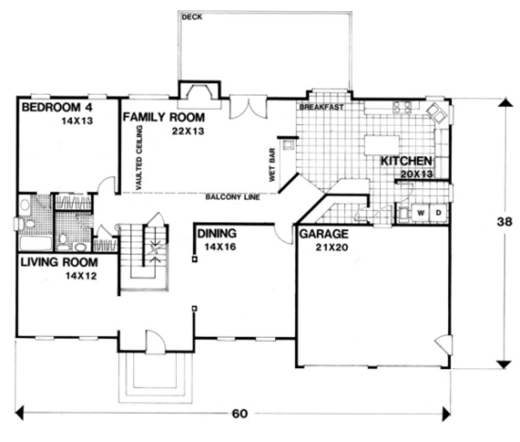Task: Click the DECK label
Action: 192,17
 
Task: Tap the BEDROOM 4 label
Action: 57,108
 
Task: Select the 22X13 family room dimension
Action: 188,131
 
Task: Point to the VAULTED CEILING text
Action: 138,157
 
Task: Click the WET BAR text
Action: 272,165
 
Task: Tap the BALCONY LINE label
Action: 233,197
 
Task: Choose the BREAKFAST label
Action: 322,107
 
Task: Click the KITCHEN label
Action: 406,161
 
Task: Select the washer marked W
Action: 420,213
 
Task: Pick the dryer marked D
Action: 439,213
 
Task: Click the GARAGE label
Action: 324,234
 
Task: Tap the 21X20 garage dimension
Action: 332,248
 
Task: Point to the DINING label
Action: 217,233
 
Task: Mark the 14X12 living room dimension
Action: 81,276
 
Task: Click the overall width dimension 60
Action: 240,413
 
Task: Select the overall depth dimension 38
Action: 504,222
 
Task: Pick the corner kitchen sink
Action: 437,113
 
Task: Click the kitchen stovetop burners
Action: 402,107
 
